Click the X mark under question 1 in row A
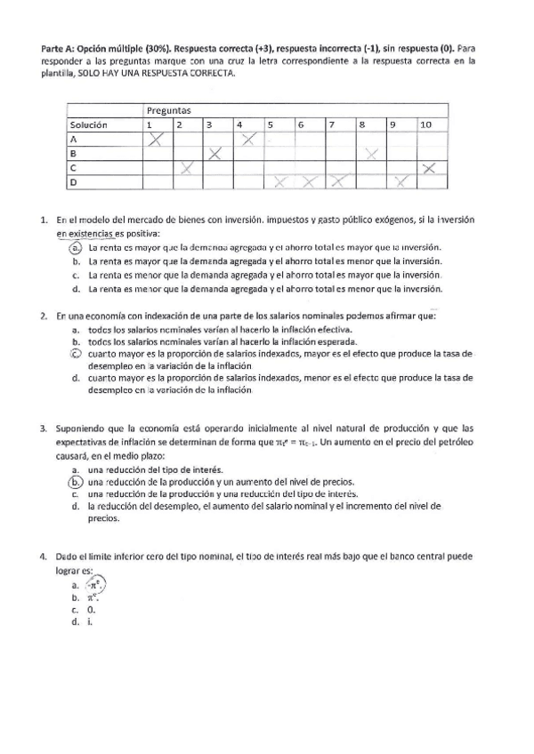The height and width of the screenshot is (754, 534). coord(158,140)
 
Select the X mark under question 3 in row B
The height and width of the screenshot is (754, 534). coord(215,154)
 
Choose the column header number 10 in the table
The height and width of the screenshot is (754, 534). coord(425,125)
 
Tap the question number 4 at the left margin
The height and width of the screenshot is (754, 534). coord(44,557)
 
